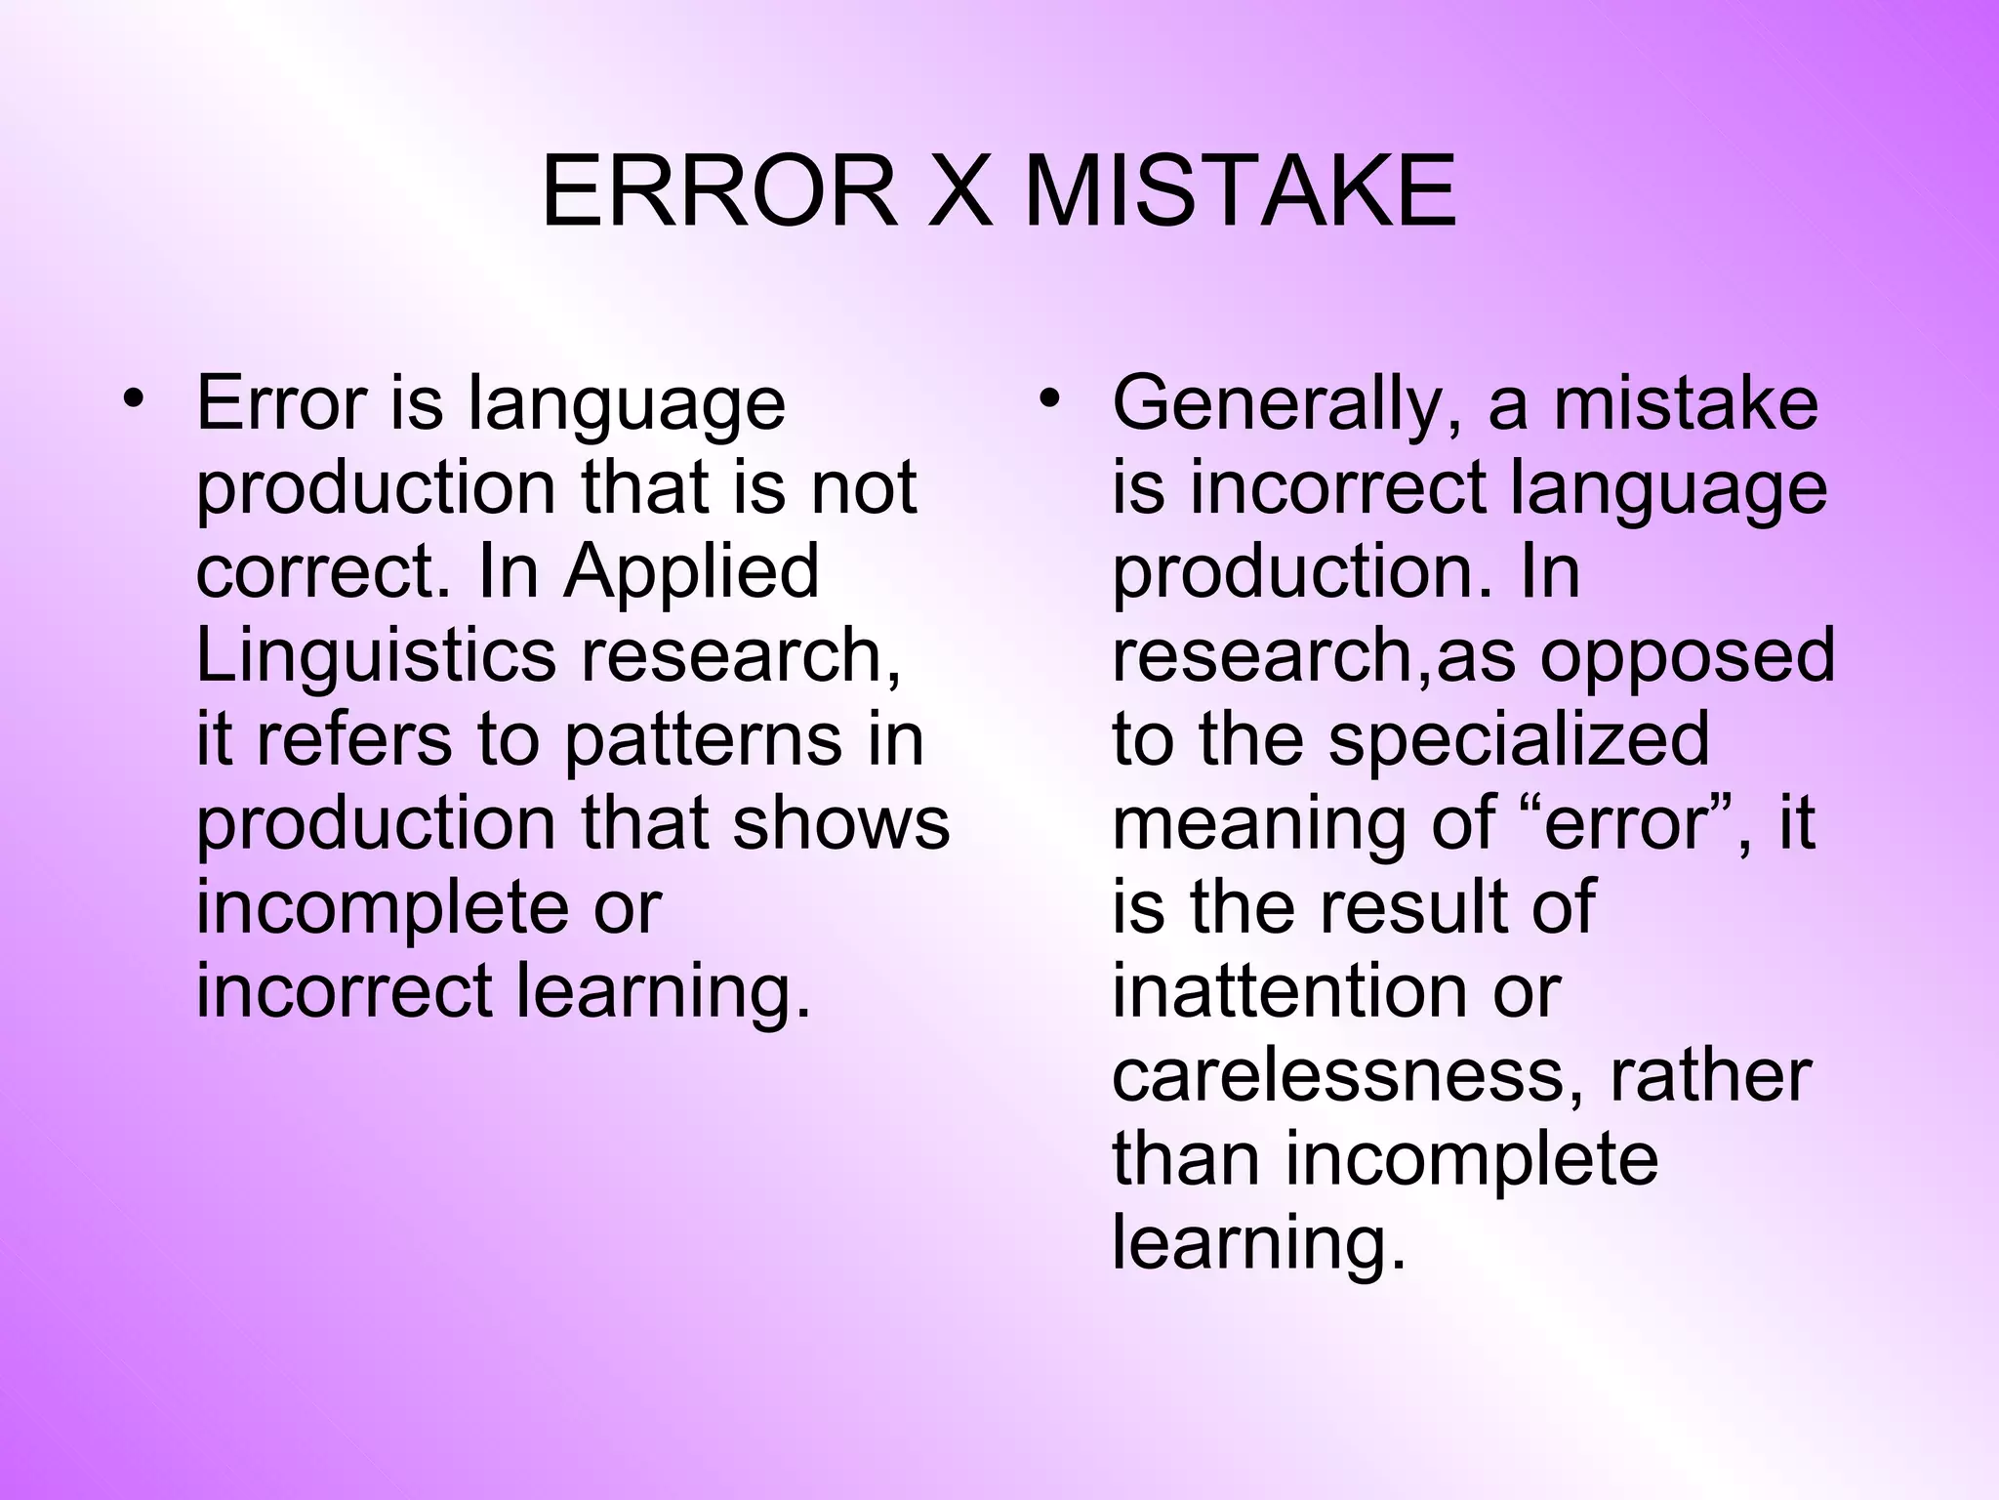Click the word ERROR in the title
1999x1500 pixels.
[718, 192]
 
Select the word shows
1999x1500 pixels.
[840, 823]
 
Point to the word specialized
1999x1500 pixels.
[1519, 740]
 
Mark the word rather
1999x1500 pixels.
[1709, 1076]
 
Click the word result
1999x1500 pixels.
[1411, 908]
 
